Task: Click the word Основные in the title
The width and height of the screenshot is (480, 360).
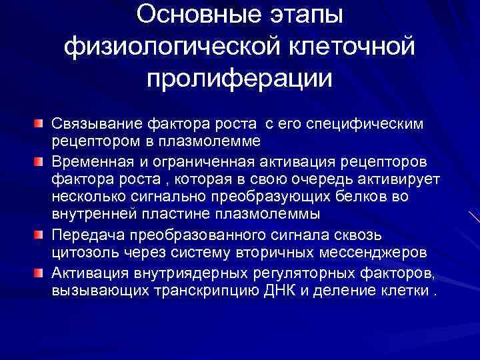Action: point(182,14)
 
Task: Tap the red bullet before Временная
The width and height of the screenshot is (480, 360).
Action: point(42,162)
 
